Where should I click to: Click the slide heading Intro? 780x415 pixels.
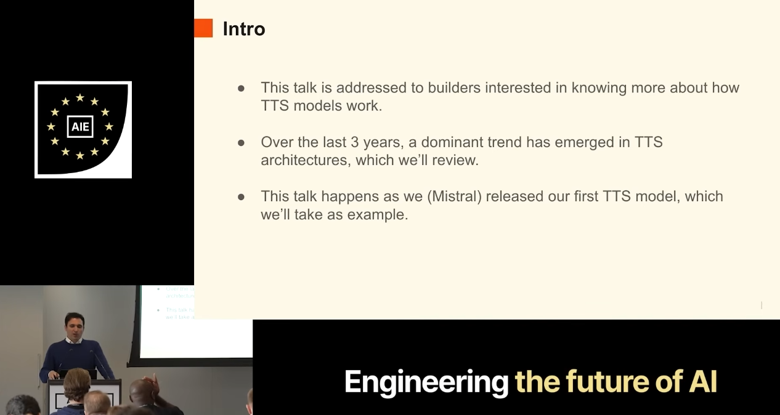click(244, 28)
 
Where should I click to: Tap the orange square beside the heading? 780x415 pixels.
click(203, 28)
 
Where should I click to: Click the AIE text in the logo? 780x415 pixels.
click(80, 127)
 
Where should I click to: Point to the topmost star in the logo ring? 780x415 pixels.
click(80, 97)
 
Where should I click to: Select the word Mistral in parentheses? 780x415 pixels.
click(455, 196)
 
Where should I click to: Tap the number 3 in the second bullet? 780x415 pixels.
click(354, 142)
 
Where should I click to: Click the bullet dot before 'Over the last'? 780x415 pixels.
click(241, 143)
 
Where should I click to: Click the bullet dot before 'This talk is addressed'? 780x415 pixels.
click(241, 89)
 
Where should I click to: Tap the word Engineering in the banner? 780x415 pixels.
click(426, 383)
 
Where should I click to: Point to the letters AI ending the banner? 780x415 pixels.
click(703, 382)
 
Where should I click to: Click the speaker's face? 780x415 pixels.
click(74, 324)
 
